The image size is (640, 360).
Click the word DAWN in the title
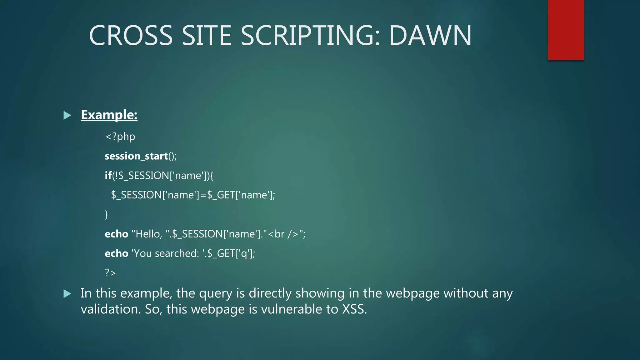[430, 35]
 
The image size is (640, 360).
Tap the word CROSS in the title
[131, 35]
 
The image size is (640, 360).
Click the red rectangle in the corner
[566, 30]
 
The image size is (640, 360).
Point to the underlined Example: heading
[109, 115]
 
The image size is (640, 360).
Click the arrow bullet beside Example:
[67, 116]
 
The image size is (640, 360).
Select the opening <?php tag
[120, 137]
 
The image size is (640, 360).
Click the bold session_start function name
[136, 156]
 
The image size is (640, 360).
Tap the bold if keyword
[108, 175]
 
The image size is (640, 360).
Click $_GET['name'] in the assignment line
[241, 195]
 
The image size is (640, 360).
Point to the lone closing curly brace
[106, 214]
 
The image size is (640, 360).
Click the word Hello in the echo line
[148, 234]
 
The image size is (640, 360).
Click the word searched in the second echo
[177, 253]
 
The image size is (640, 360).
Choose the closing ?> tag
[110, 273]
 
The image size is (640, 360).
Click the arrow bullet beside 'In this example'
[67, 294]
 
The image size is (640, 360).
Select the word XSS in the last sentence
[354, 309]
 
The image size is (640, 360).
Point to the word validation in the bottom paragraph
[111, 309]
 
